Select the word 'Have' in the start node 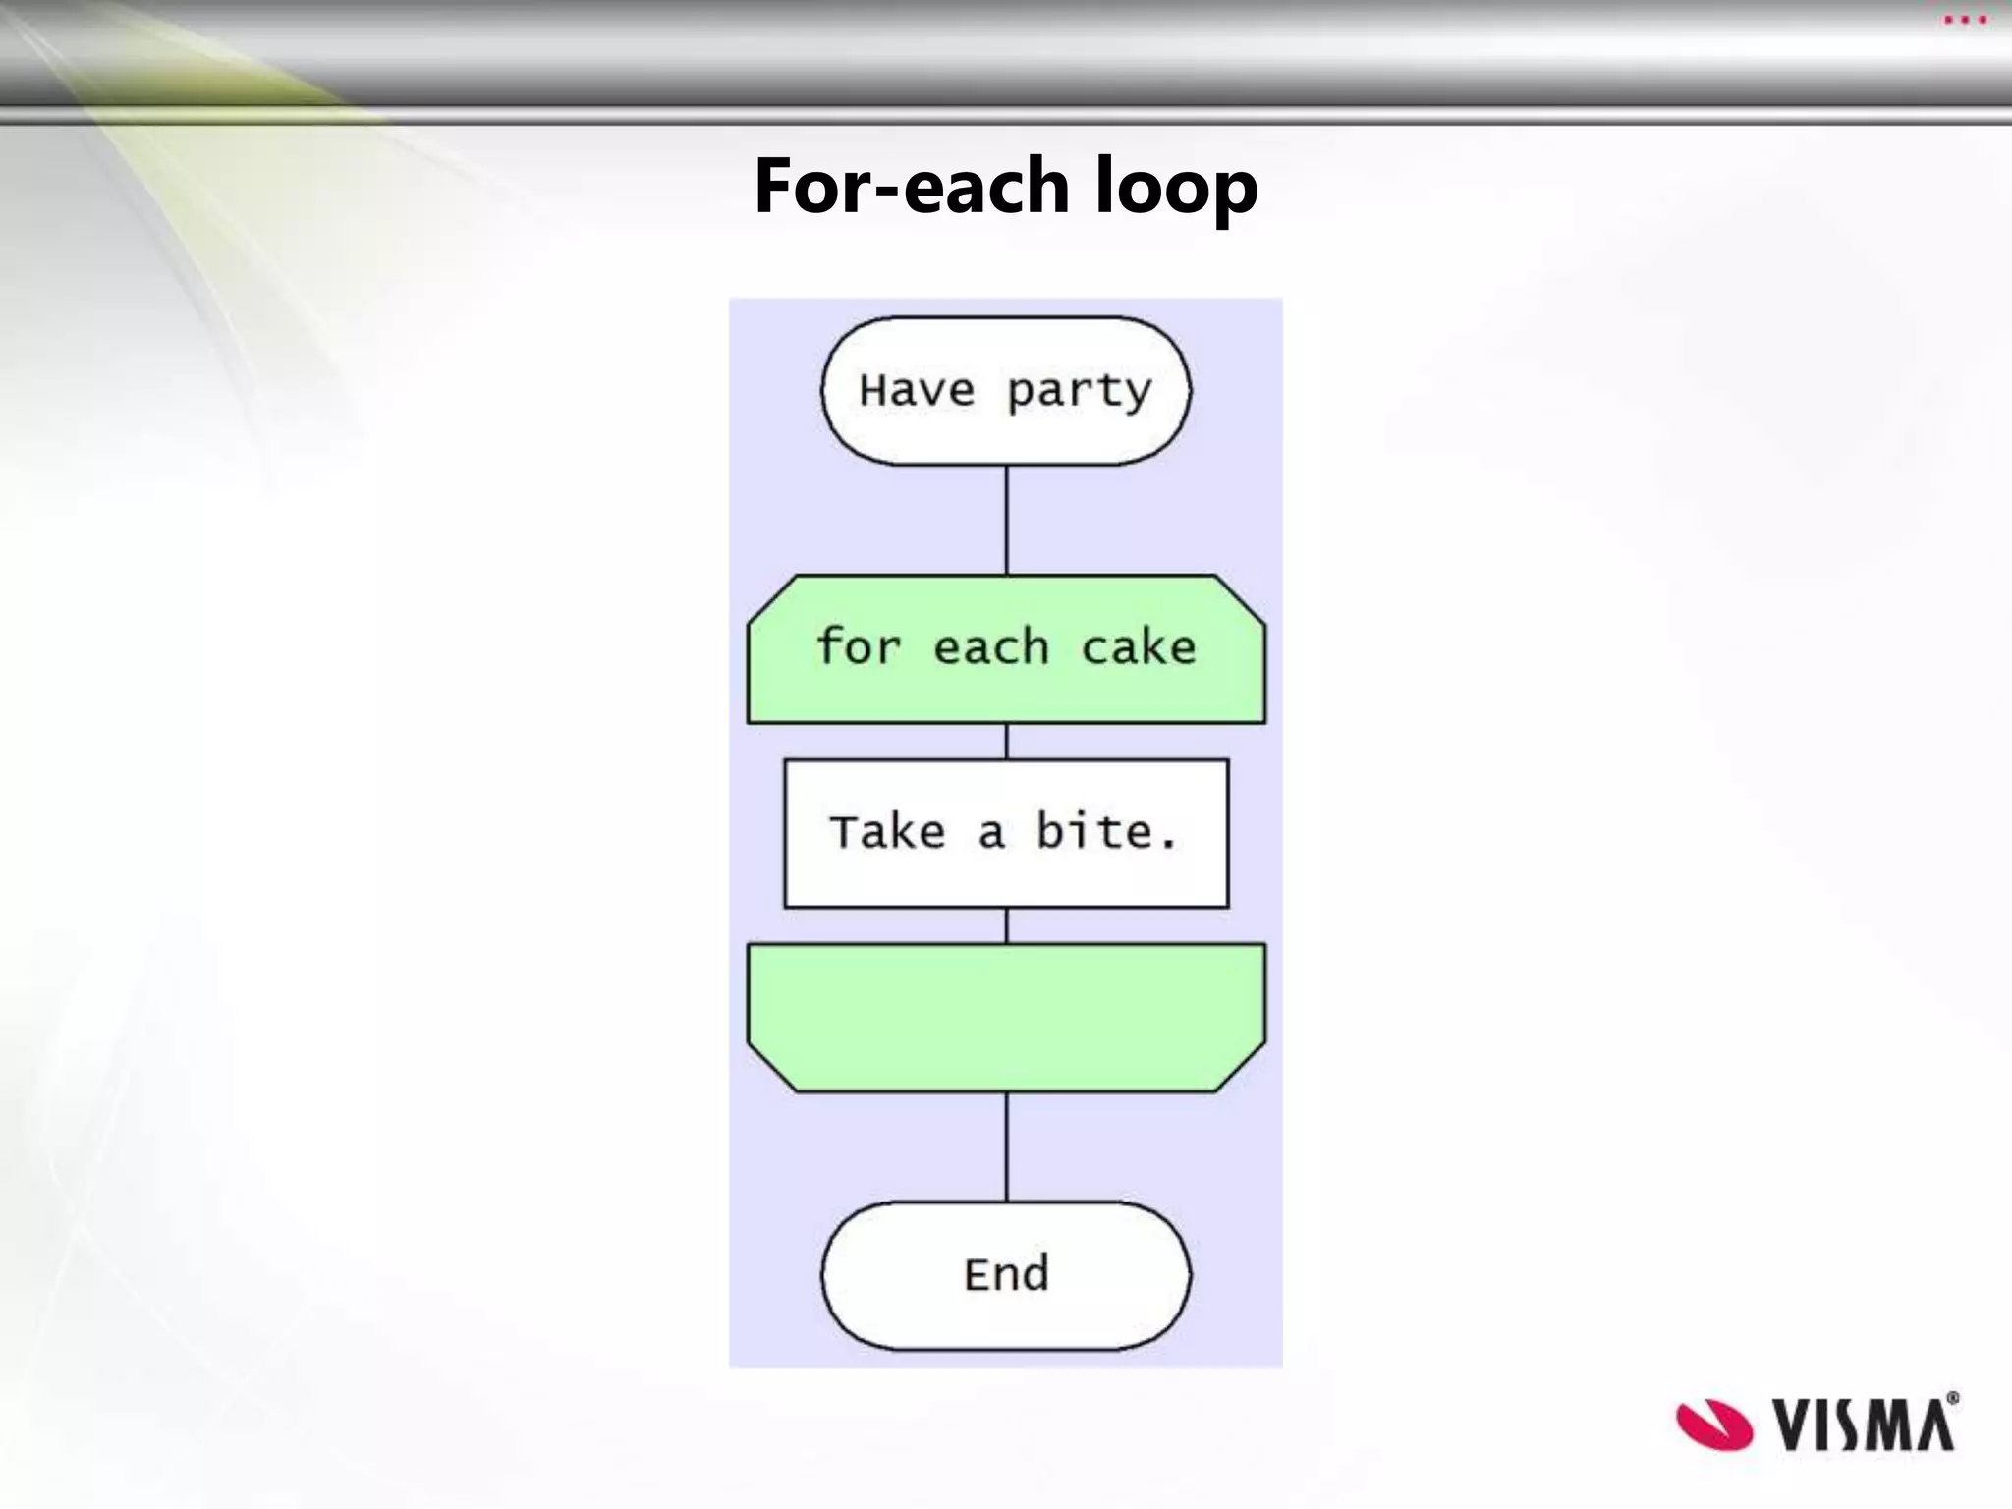(x=917, y=390)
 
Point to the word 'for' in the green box (x=858, y=646)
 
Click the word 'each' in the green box (x=990, y=647)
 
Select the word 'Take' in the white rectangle (x=887, y=832)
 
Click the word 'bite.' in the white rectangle (x=1106, y=832)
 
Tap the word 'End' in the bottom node (x=1006, y=1274)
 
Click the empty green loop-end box (x=1006, y=1016)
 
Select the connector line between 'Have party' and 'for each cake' (x=1006, y=520)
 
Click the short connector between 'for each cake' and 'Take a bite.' (x=1006, y=742)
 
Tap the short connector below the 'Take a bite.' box (x=1006, y=925)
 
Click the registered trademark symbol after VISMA (x=1952, y=1398)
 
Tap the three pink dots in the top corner (x=1965, y=20)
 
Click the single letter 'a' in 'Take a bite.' (x=990, y=834)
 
